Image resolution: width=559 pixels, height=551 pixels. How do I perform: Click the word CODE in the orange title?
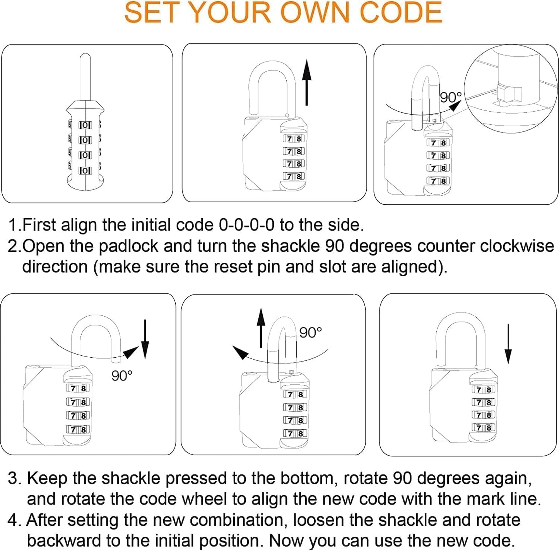tap(401, 12)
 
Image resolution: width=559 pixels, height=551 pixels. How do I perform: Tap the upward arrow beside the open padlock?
tap(306, 83)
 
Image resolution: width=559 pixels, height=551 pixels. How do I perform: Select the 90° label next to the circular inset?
tap(451, 97)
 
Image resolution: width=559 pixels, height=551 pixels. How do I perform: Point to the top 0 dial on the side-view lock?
tap(85, 125)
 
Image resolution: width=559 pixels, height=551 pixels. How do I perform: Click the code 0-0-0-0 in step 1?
tap(246, 225)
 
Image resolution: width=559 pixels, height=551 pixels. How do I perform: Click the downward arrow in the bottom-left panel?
tap(145, 339)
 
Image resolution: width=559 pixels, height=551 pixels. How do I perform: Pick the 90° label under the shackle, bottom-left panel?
tap(122, 375)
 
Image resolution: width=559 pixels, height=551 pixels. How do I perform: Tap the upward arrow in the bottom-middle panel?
tap(262, 327)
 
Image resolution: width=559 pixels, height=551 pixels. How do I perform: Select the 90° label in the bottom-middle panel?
tap(310, 332)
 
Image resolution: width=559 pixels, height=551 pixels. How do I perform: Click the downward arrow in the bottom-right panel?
tap(508, 344)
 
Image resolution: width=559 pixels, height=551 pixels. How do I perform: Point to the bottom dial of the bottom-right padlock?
tap(484, 428)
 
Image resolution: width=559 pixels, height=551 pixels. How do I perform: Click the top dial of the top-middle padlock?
tap(294, 139)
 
